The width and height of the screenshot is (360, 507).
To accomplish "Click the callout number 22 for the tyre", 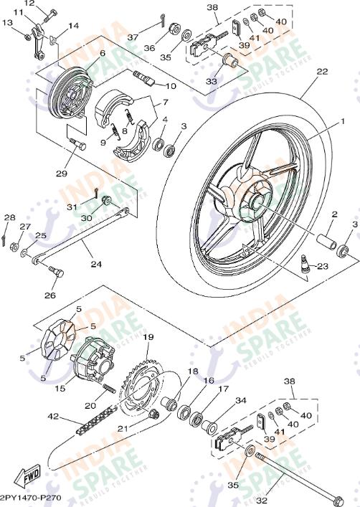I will [322, 72].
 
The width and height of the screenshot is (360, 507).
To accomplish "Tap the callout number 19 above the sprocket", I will [148, 337].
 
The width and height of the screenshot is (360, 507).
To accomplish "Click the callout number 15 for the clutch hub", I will [61, 389].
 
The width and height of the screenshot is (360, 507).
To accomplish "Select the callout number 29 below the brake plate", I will [61, 174].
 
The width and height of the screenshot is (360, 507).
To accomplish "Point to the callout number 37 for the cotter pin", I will [133, 37].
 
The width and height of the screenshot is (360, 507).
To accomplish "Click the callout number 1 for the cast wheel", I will [342, 123].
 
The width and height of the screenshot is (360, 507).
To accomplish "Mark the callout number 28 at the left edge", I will [9, 217].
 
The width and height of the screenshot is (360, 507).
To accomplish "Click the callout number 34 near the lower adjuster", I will [241, 401].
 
